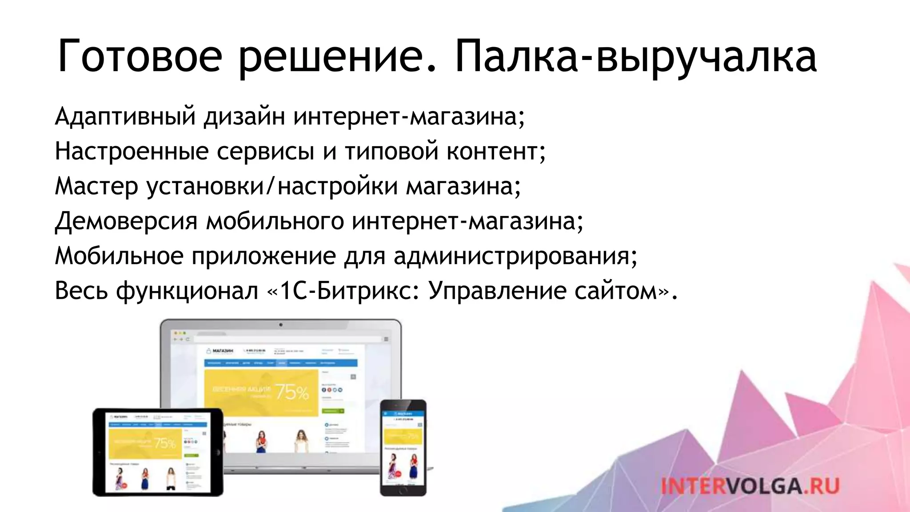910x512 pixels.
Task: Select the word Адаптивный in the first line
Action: coord(125,116)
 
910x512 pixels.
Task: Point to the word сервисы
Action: coord(265,151)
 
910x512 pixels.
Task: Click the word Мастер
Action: coord(96,186)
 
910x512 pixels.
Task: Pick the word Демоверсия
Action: coord(126,221)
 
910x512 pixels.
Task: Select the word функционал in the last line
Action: coord(187,292)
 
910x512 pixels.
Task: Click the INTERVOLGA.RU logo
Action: coord(750,486)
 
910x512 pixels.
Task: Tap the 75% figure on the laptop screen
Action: coord(292,392)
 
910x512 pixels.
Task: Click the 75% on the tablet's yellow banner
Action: coord(165,443)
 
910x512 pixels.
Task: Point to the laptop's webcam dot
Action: coord(281,325)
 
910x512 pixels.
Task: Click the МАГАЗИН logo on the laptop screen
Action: coord(220,351)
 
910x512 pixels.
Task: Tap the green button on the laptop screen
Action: coord(332,411)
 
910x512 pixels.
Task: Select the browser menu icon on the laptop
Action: coord(386,339)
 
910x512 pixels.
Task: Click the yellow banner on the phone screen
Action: coord(402,436)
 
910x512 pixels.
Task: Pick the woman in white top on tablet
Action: coord(171,477)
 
